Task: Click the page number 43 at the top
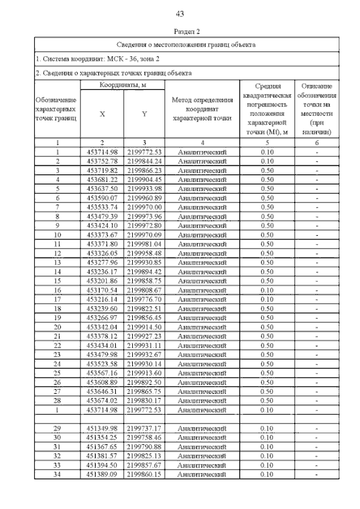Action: pyautogui.click(x=179, y=13)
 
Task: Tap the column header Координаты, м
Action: pyautogui.click(x=123, y=85)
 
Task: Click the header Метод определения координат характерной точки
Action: pyautogui.click(x=202, y=109)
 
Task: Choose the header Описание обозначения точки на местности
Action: pyautogui.click(x=317, y=109)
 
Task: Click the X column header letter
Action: pyautogui.click(x=102, y=114)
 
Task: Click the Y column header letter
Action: pyautogui.click(x=144, y=114)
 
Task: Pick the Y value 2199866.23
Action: pyautogui.click(x=144, y=170)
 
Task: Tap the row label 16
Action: pyautogui.click(x=57, y=290)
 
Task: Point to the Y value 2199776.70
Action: pyautogui.click(x=144, y=299)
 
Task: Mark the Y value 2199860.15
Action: pyautogui.click(x=144, y=475)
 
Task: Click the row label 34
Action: pyautogui.click(x=57, y=475)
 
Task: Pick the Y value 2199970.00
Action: pyautogui.click(x=144, y=207)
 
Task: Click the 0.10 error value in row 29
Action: pyautogui.click(x=267, y=429)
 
